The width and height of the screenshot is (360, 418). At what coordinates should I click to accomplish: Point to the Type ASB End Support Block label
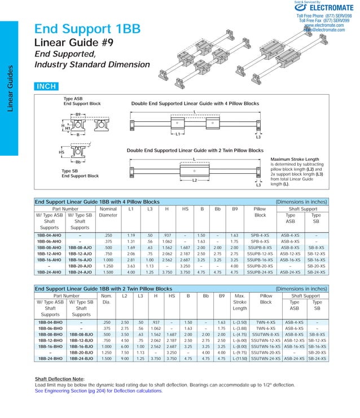click(x=74, y=102)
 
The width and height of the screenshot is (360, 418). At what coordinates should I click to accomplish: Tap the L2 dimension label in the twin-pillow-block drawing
click(x=194, y=181)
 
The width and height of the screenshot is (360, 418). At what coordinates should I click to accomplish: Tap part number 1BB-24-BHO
click(x=50, y=358)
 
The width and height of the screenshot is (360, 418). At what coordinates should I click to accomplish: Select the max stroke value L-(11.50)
click(x=240, y=358)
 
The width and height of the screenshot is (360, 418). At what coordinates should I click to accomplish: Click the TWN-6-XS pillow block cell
click(x=266, y=328)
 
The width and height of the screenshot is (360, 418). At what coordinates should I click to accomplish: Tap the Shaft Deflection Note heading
click(x=59, y=379)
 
